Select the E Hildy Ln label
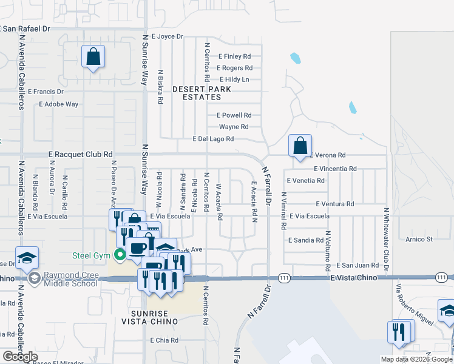tap(234, 79)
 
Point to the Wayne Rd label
tap(234, 127)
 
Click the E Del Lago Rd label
tap(213, 139)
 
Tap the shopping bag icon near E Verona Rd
tap(300, 146)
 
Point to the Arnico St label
tap(419, 240)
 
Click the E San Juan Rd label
tap(357, 265)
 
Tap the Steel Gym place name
tap(91, 255)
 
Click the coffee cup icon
tap(137, 248)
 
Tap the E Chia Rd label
tap(165, 340)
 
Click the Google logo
tap(19, 357)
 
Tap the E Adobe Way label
tap(59, 104)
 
